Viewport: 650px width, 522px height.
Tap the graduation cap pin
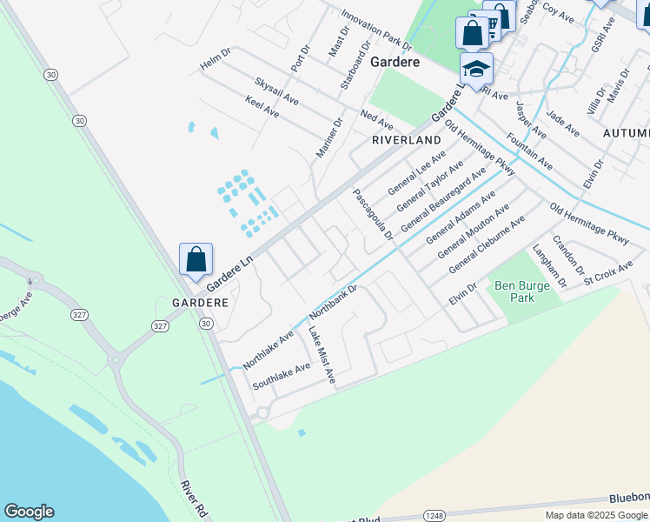coord(476,69)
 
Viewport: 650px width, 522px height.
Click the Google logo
coord(29,512)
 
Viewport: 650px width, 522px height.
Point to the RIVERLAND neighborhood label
coord(407,140)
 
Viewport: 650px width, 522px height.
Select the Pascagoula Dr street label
coord(374,213)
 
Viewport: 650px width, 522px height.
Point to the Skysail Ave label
coord(276,91)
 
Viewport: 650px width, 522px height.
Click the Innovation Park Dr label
coord(375,30)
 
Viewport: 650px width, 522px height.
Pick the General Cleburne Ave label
coord(487,246)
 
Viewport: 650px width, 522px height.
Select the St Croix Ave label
coord(608,271)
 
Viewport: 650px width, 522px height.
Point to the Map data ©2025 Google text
coord(596,515)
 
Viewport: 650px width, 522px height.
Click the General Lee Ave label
coord(416,172)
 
